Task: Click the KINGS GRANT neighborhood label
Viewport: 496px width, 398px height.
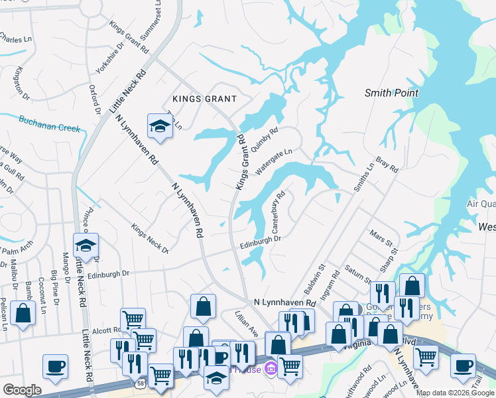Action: pyautogui.click(x=204, y=99)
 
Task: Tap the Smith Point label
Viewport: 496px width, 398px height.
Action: pyautogui.click(x=391, y=93)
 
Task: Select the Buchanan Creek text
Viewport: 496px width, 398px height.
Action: pyautogui.click(x=49, y=124)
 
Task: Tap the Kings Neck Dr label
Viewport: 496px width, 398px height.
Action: pyautogui.click(x=150, y=239)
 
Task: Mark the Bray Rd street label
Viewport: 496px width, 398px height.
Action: pyautogui.click(x=386, y=165)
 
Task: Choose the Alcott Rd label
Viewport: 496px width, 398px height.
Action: pyautogui.click(x=107, y=329)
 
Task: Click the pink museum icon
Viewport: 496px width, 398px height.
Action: pyautogui.click(x=270, y=368)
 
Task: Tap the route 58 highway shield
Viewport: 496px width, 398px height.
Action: pyautogui.click(x=141, y=383)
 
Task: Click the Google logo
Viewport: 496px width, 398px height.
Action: pyautogui.click(x=22, y=390)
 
